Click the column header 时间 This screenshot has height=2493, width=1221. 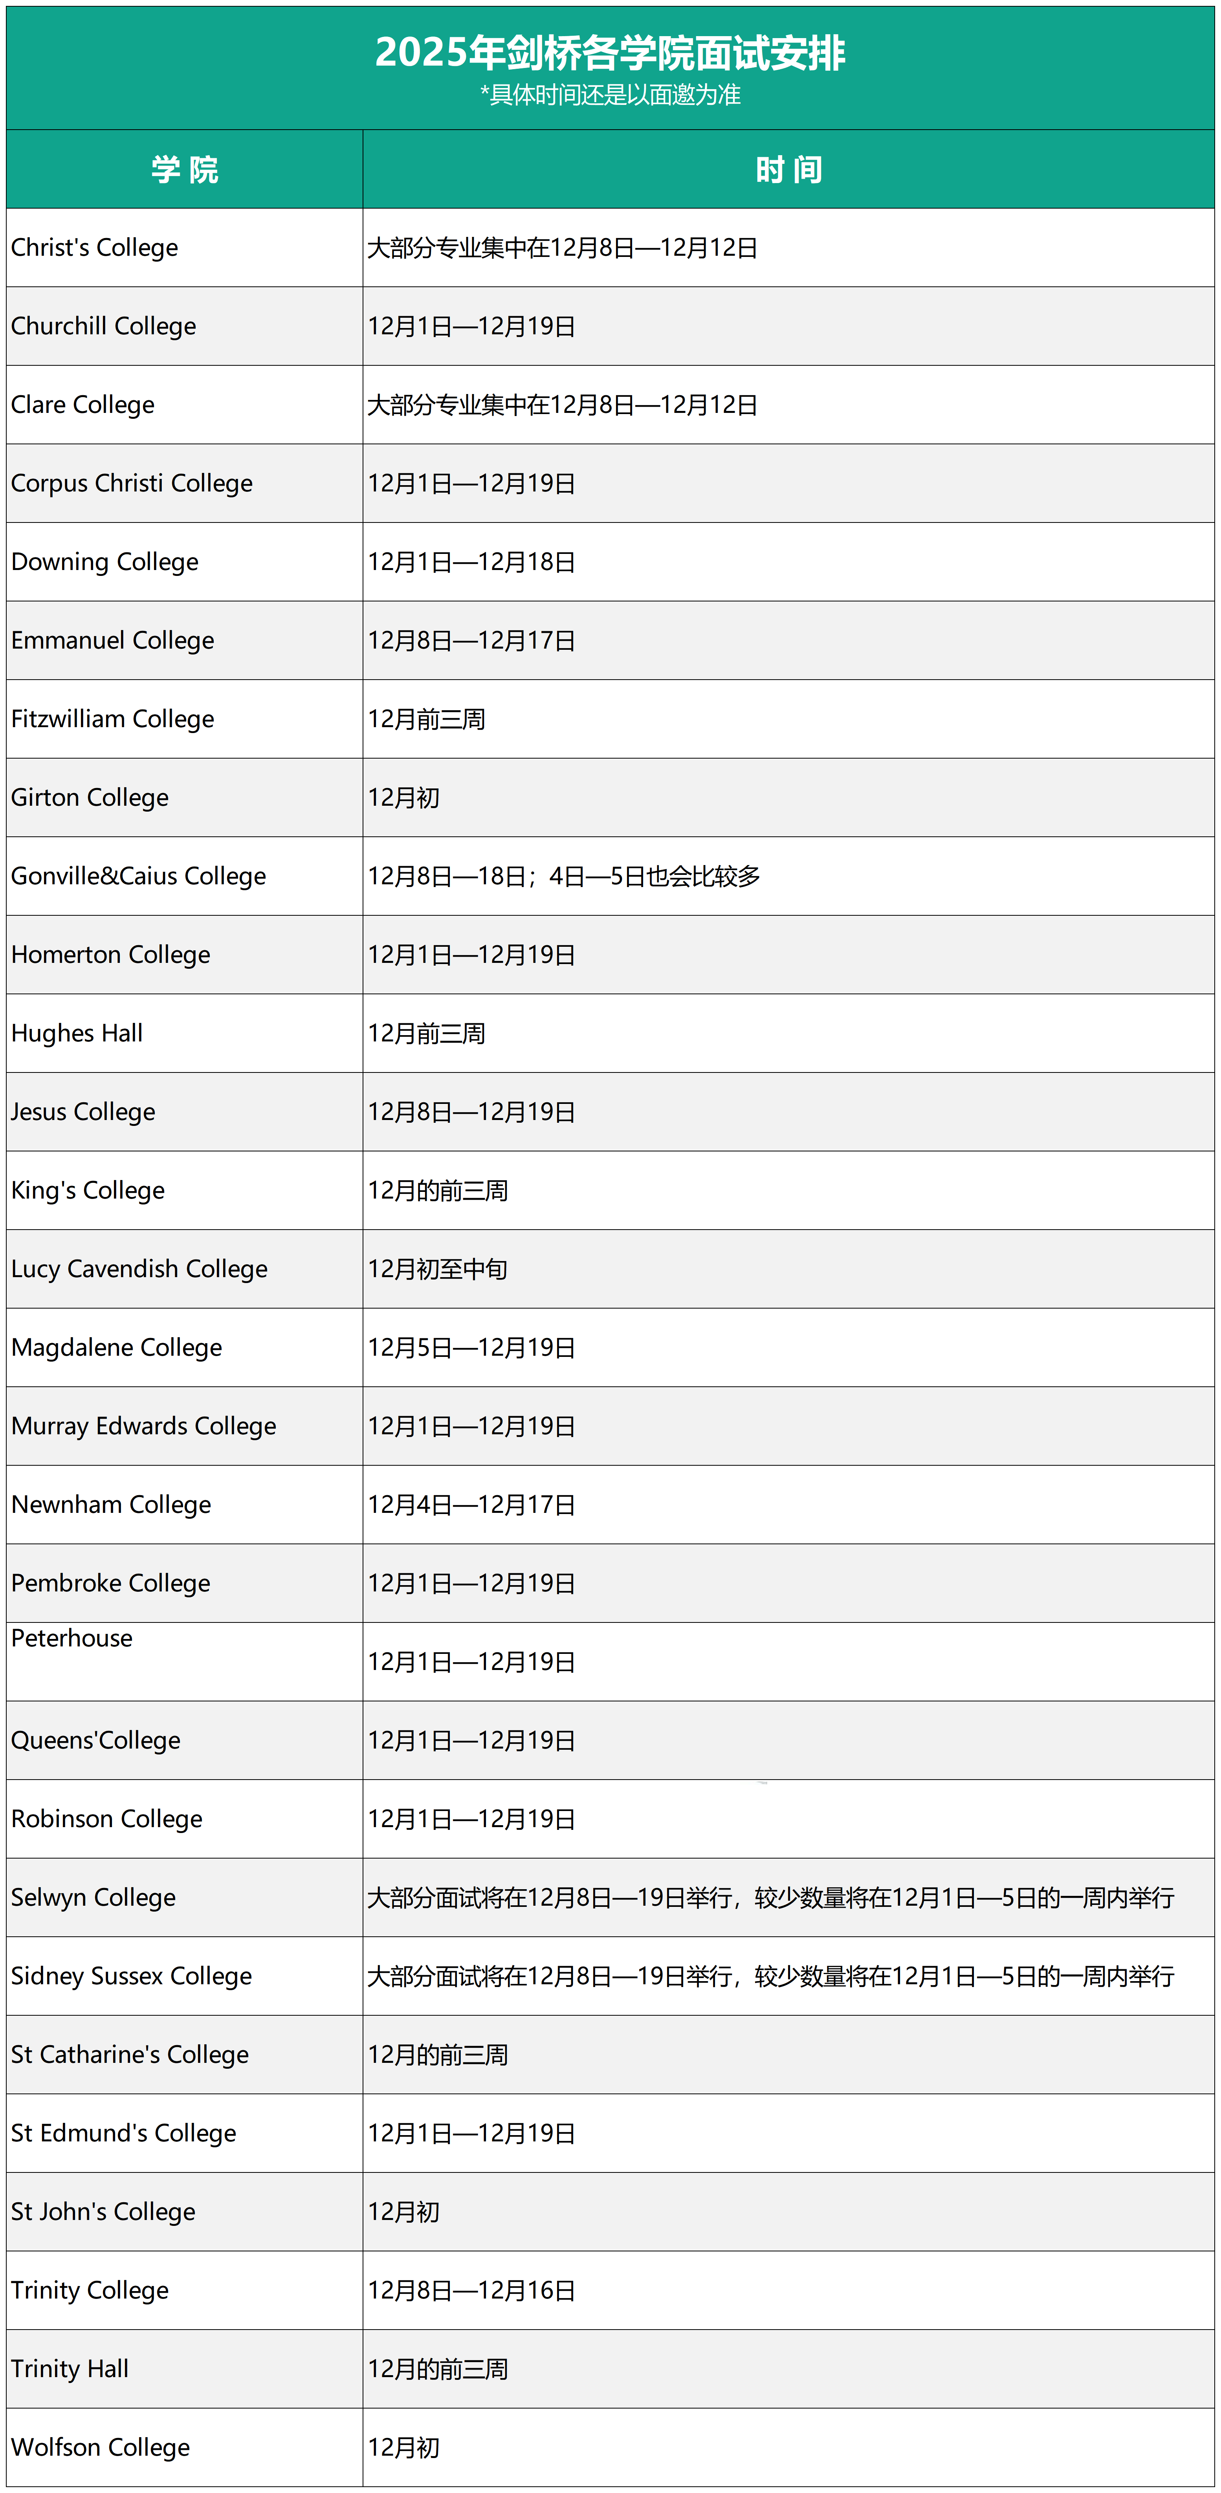(788, 170)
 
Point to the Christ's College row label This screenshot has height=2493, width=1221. (95, 248)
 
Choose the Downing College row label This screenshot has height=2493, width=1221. (104, 562)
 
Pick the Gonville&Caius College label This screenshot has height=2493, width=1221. (138, 876)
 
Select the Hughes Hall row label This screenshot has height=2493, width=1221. (77, 1034)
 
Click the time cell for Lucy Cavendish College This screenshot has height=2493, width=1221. (437, 1269)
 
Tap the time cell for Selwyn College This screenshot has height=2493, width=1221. (770, 1898)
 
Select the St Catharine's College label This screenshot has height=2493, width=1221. (130, 2055)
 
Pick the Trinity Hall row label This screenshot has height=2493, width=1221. (70, 2369)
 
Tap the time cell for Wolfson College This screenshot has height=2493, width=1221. (403, 2447)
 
